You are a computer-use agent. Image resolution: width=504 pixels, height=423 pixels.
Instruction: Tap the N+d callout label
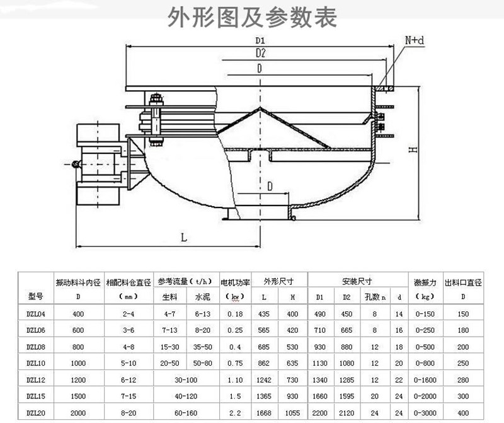tap(414, 40)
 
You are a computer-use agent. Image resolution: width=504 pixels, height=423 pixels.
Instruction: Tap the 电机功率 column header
tap(235, 281)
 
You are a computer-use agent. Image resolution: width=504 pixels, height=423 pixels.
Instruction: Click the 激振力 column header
tap(425, 281)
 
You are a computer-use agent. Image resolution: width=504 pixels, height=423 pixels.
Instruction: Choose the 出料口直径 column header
tap(464, 281)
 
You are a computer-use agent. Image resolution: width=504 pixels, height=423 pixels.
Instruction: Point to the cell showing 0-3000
tap(425, 413)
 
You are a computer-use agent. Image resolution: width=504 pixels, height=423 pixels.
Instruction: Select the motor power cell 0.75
tap(235, 363)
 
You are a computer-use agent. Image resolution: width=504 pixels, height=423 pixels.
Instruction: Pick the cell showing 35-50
tap(202, 346)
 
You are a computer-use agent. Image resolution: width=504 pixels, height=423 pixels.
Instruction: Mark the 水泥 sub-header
tap(202, 296)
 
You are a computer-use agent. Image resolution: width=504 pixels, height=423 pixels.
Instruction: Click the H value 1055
tap(292, 413)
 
